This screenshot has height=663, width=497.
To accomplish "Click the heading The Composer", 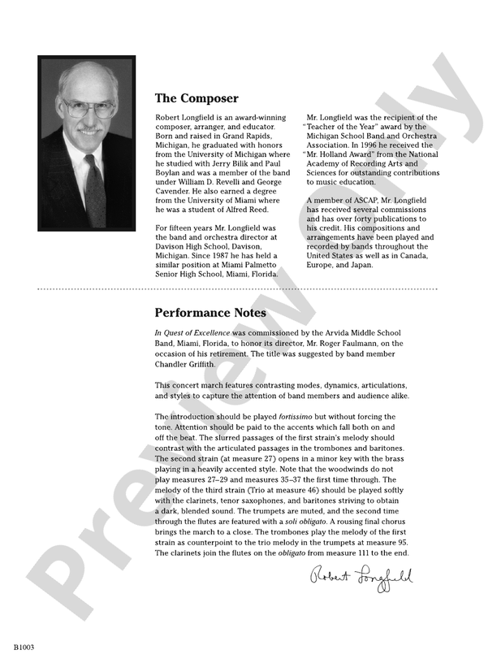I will coord(197,98).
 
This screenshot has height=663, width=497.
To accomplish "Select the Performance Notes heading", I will coord(210,312).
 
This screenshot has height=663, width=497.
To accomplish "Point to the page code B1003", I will coord(23,648).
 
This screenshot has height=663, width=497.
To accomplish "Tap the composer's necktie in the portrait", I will coord(95,194).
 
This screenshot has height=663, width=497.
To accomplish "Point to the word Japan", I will coord(359,264).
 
